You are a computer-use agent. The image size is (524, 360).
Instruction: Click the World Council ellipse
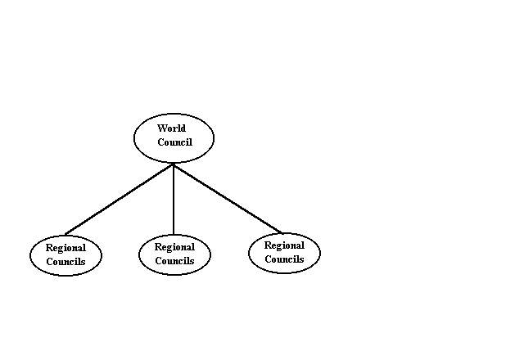174,137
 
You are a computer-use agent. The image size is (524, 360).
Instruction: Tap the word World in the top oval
171,128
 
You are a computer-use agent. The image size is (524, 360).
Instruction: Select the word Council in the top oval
174,142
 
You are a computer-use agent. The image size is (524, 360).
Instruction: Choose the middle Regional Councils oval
174,254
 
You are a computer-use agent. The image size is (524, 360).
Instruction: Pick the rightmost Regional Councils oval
284,252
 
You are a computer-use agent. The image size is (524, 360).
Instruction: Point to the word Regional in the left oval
65,248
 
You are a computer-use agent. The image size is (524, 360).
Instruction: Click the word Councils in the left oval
65,262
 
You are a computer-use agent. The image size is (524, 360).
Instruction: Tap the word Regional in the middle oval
174,247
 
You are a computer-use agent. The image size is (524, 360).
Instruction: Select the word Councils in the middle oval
174,261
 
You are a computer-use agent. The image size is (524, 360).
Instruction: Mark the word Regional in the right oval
284,245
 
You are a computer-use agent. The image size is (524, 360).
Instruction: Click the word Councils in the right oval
284,259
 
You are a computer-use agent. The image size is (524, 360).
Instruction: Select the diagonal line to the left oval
120,199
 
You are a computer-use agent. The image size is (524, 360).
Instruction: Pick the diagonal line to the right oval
228,199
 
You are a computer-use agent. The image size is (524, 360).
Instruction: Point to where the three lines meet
174,164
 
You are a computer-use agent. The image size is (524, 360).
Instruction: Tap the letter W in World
161,128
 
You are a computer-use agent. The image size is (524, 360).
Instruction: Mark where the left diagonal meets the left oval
65,234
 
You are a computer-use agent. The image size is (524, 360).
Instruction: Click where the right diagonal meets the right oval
282,232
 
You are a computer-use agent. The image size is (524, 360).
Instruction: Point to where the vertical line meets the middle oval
174,234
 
